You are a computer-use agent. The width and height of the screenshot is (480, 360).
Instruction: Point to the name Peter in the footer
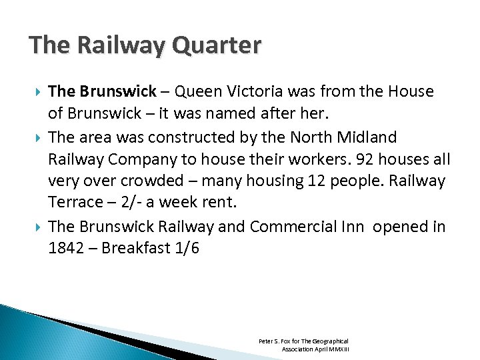pyautogui.click(x=265, y=341)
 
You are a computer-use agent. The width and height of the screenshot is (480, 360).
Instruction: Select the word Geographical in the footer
pyautogui.click(x=329, y=341)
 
